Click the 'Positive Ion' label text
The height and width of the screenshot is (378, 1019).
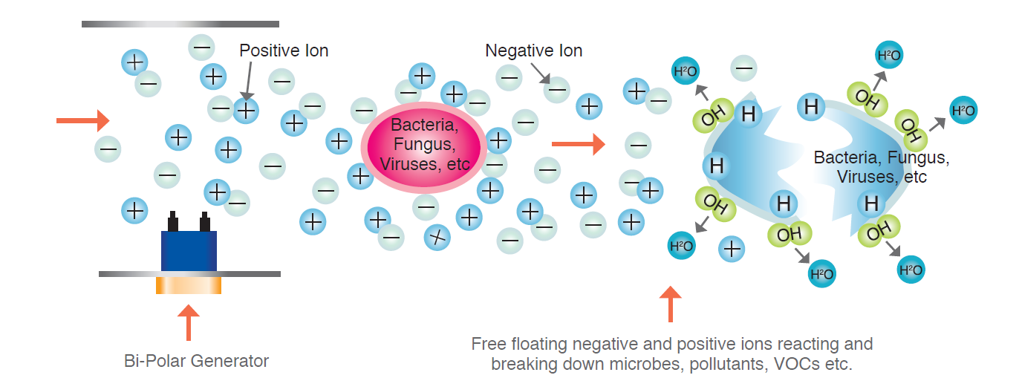click(x=284, y=50)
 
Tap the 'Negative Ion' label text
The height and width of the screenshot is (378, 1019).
click(x=533, y=50)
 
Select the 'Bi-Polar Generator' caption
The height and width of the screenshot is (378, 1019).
click(x=196, y=362)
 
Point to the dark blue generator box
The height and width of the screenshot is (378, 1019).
click(x=189, y=250)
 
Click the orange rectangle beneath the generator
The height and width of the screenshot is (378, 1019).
click(x=189, y=285)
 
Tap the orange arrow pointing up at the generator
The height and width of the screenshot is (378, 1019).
click(x=189, y=322)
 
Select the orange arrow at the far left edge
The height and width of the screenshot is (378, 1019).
click(x=82, y=120)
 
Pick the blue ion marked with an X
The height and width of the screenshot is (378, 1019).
click(x=437, y=237)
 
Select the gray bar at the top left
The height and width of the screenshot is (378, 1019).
click(x=180, y=24)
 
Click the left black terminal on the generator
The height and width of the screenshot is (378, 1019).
click(x=173, y=221)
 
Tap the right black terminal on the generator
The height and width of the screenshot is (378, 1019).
click(x=205, y=221)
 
